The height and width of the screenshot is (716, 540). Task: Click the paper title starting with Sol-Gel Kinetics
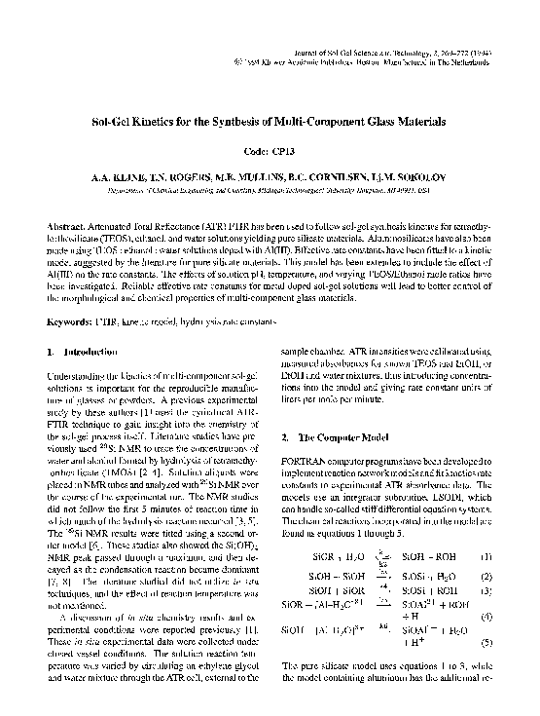[270, 125]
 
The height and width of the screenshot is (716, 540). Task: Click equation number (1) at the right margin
[486, 529]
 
